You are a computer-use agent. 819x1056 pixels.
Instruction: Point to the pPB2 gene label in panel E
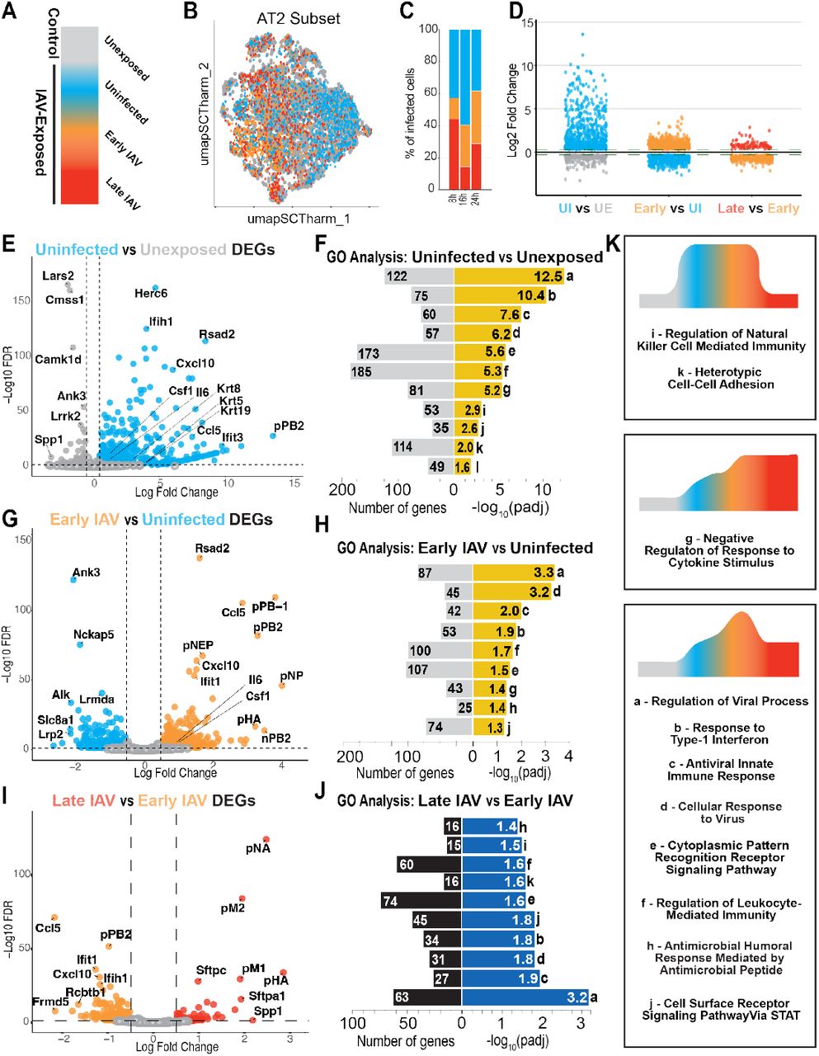tap(289, 426)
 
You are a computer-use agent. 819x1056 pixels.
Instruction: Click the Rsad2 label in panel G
tap(212, 548)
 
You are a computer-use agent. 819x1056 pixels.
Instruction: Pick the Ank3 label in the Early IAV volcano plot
tap(87, 572)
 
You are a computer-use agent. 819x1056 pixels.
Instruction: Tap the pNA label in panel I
tap(258, 847)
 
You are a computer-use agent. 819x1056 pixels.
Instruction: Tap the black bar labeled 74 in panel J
tap(421, 901)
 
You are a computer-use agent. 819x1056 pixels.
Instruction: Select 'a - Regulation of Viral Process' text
tap(721, 701)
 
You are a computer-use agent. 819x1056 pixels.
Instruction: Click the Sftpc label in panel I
tap(211, 970)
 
